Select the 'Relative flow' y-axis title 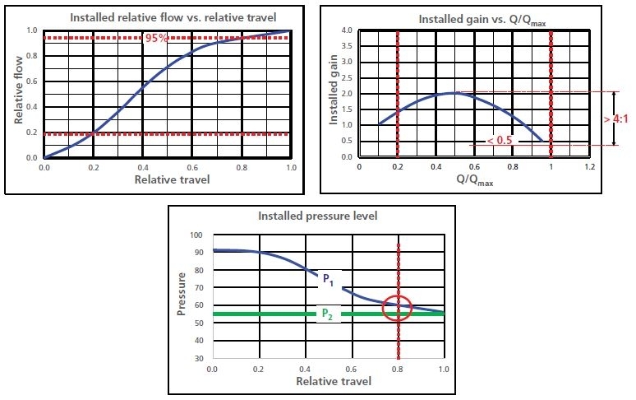point(18,92)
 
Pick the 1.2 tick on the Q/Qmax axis point(589,167)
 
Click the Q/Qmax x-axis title point(474,180)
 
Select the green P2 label point(327,314)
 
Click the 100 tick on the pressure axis point(196,235)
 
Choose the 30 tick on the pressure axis point(198,360)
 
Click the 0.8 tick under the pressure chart point(399,370)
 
